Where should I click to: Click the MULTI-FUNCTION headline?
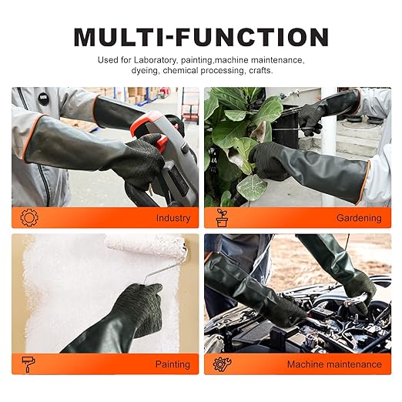[x=201, y=35]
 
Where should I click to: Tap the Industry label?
[x=173, y=218]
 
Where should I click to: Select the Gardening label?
[x=359, y=218]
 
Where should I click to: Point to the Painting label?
[x=173, y=364]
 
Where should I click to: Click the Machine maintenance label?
[x=334, y=364]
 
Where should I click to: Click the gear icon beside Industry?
[x=29, y=217]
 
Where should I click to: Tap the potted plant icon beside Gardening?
[x=223, y=217]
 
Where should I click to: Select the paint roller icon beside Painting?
[x=29, y=364]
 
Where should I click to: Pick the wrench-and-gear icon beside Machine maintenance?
[x=223, y=364]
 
